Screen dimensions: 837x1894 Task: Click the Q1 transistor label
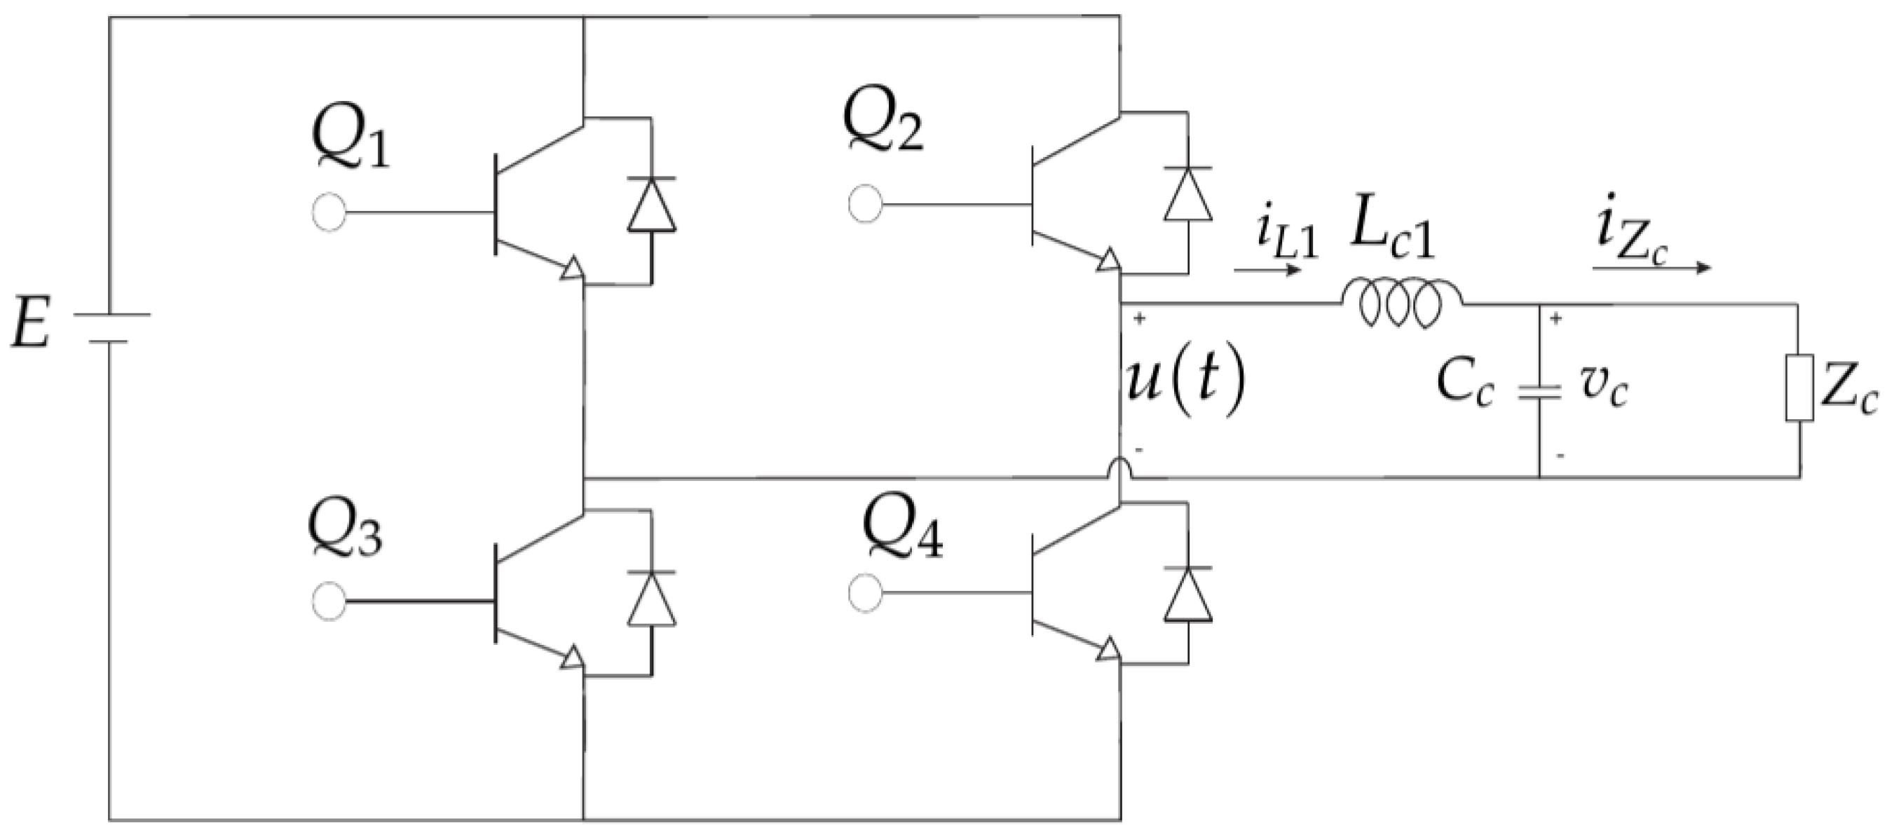tap(350, 142)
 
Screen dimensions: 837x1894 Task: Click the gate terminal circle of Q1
tap(328, 212)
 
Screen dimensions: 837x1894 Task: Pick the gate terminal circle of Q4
tap(865, 593)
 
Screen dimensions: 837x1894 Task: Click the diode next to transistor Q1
tap(651, 205)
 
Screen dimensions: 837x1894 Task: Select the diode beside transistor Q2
tap(1187, 194)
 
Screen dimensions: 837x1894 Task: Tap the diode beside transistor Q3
tap(651, 598)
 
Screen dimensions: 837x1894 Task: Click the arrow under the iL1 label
tap(1267, 270)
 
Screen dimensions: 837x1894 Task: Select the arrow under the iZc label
tap(1651, 268)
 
